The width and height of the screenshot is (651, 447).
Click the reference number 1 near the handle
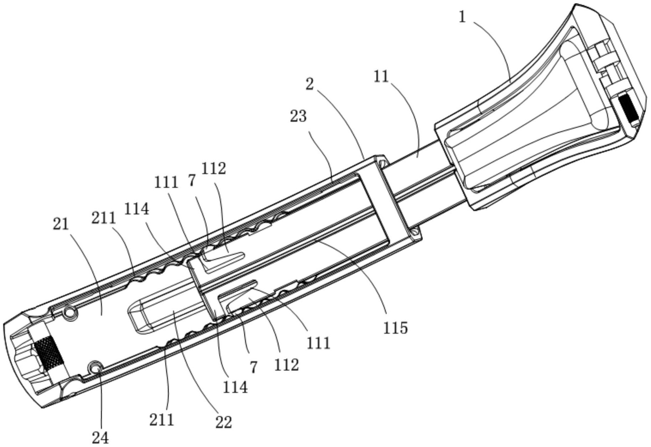coord(462,17)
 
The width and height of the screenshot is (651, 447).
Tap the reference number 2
coord(310,84)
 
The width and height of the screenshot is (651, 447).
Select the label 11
coord(381,76)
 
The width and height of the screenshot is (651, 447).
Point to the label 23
coord(298,116)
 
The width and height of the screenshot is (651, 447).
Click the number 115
coord(395,327)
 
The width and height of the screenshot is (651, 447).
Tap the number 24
coord(100,437)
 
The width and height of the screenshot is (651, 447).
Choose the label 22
coord(223,422)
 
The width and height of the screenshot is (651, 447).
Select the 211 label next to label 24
coord(161,420)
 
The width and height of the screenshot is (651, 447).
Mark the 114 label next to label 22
coord(235,387)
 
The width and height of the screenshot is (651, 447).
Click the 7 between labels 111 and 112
coord(192,180)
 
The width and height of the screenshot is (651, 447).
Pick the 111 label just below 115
coord(319,343)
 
